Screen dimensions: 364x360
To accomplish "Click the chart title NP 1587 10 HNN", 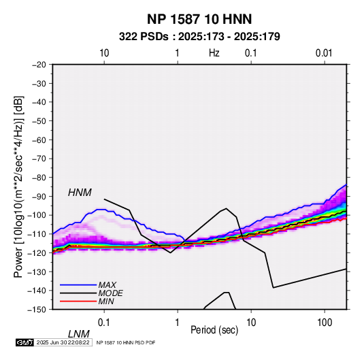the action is click(199, 19).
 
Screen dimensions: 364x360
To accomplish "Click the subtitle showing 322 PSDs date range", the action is click(199, 37).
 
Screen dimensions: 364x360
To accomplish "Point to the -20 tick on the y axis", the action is click(39, 65).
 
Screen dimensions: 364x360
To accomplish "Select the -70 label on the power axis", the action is click(39, 159).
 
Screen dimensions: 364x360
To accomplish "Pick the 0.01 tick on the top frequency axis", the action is click(324, 53).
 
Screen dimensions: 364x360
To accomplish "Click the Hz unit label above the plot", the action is click(214, 53).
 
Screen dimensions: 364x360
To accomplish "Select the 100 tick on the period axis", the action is click(325, 323).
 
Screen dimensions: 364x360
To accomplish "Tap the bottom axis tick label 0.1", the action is click(103, 323).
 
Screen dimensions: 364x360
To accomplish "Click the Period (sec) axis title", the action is click(214, 330).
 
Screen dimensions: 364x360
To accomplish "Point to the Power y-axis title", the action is click(18, 186).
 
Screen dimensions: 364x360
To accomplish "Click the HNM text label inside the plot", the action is click(80, 193).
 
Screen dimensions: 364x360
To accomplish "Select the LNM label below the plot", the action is click(78, 334).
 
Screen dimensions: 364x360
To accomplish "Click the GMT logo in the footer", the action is click(24, 342).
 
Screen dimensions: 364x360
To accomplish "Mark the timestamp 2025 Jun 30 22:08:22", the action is click(63, 342).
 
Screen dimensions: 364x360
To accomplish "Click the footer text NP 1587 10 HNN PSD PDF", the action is click(126, 342).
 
